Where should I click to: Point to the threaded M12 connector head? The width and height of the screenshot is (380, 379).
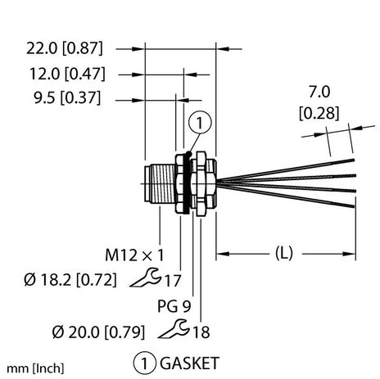[x=156, y=188]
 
